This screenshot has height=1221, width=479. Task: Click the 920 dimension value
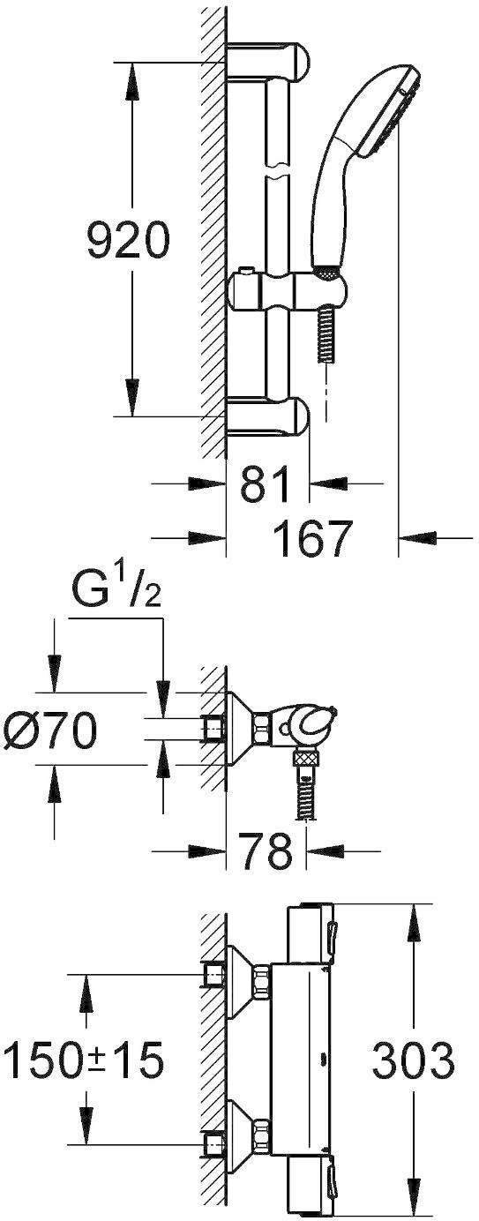(x=128, y=240)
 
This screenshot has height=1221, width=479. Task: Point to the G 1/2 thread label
(x=115, y=596)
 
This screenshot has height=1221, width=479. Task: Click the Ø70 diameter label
(x=49, y=730)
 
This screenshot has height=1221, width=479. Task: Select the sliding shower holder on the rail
(x=286, y=291)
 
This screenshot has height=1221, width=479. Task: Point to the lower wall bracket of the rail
(x=267, y=417)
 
